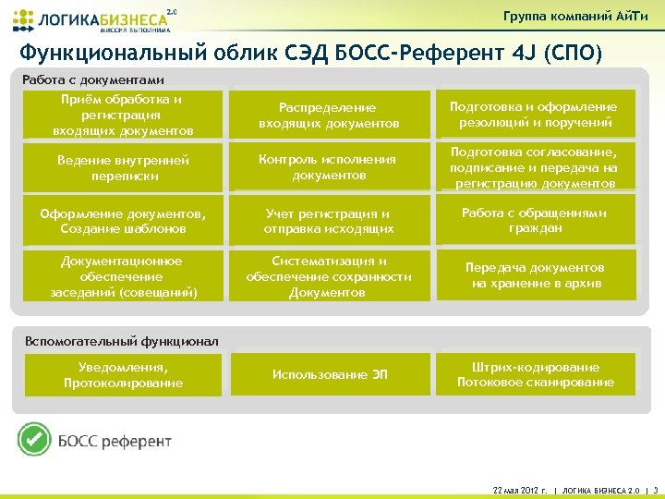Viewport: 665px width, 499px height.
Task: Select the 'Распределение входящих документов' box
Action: pos(330,116)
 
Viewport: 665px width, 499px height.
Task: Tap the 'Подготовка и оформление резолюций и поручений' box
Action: pos(533,116)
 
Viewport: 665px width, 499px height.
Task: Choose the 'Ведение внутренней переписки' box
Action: pos(123,167)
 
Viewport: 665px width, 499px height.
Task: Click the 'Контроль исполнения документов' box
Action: pos(330,167)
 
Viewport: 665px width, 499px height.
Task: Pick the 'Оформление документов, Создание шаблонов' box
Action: pos(123,221)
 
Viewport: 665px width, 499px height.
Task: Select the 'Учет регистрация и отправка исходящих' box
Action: pos(330,221)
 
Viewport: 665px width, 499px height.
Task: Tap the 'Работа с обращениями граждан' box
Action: pos(533,221)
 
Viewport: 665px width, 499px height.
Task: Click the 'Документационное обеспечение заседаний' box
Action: pos(123,276)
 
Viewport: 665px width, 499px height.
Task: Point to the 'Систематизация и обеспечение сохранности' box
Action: pos(330,276)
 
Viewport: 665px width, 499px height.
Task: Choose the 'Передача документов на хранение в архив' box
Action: pos(533,275)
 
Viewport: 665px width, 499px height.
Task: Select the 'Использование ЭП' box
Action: pos(330,374)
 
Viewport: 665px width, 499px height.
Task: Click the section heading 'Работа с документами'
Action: pos(92,79)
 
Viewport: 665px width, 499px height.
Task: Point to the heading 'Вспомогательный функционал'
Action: pos(120,341)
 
